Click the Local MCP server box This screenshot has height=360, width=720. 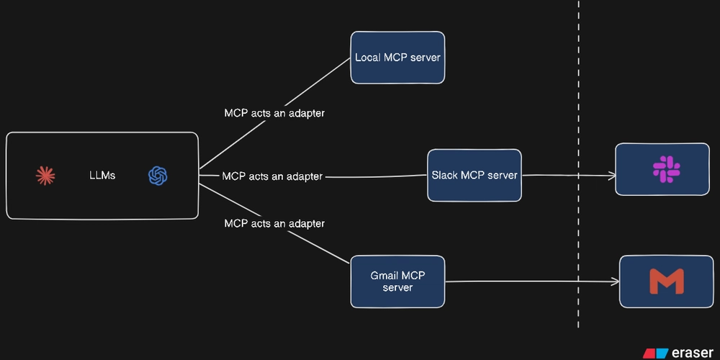tap(397, 58)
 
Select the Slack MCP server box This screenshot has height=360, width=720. tap(474, 175)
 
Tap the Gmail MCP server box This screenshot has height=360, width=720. tap(397, 282)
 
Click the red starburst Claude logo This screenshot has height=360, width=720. tap(45, 175)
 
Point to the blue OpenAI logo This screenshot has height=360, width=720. tap(158, 175)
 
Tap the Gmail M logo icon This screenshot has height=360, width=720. tap(666, 282)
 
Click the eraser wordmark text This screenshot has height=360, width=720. tap(692, 353)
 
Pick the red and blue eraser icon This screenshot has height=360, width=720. tap(656, 353)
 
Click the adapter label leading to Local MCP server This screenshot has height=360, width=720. tap(274, 114)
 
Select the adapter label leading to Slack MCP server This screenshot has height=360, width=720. tap(272, 176)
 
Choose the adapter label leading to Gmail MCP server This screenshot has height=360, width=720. tap(274, 223)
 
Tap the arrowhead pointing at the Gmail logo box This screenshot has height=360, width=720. tap(616, 282)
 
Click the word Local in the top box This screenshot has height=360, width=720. tap(368, 58)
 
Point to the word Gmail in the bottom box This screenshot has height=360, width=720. tap(384, 276)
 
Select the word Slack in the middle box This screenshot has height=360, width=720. tap(444, 175)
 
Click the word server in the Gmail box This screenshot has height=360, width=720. tap(397, 287)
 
